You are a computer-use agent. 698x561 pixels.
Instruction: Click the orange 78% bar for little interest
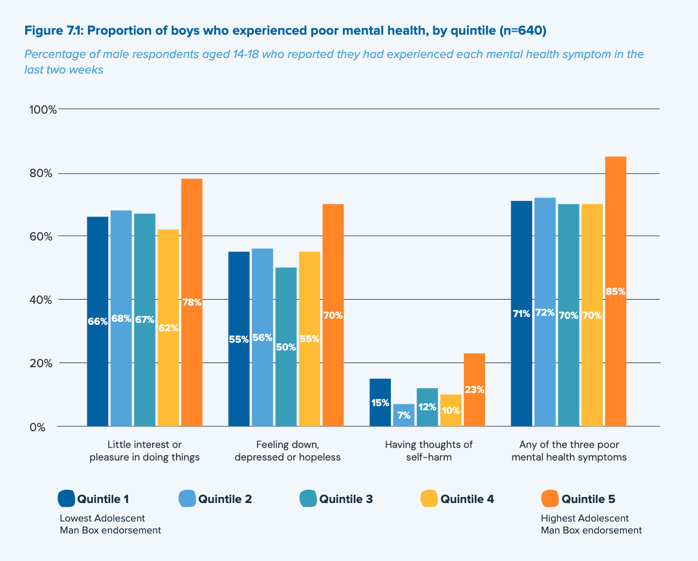(x=192, y=302)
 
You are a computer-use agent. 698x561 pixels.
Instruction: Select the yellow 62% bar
(x=168, y=328)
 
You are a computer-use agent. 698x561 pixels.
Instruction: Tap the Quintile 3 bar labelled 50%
(x=286, y=347)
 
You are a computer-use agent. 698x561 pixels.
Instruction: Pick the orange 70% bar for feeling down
(x=333, y=315)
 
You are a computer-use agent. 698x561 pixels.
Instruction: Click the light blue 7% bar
(x=403, y=415)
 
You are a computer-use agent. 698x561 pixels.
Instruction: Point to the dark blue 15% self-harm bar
(x=380, y=403)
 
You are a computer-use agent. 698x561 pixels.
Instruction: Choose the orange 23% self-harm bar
(x=474, y=390)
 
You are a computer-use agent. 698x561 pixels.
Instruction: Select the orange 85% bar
(x=615, y=291)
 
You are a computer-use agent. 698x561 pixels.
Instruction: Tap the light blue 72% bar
(x=545, y=312)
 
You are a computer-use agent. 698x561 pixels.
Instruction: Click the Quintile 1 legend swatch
(x=66, y=498)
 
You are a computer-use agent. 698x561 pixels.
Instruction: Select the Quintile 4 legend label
(x=467, y=499)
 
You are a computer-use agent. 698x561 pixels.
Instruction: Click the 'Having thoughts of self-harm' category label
(x=429, y=451)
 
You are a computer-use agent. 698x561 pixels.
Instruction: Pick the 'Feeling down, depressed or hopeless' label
(x=287, y=451)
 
